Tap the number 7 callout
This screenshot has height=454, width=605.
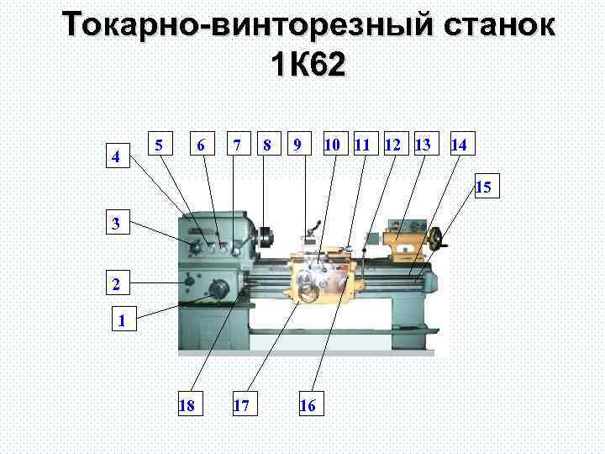coord(239,145)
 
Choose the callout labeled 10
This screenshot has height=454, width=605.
coord(333,145)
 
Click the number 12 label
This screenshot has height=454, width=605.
coord(392,145)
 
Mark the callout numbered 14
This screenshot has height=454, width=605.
coord(459,145)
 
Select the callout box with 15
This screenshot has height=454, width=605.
coord(485,186)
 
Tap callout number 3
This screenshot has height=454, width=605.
coord(118,224)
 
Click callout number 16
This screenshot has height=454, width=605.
coord(308,405)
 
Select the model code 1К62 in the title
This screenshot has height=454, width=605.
coord(308,65)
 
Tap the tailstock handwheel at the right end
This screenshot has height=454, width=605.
coord(436,240)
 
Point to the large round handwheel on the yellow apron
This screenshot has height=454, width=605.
coord(312,290)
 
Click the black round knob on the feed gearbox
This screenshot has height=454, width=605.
coord(221,289)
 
